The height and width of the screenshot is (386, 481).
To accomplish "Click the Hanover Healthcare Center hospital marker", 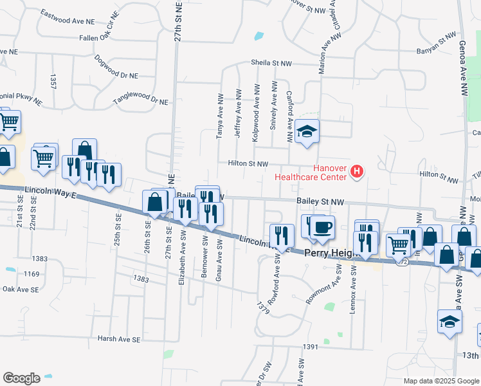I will tap(358, 171).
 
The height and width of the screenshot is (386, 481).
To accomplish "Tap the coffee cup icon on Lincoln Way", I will tap(323, 228).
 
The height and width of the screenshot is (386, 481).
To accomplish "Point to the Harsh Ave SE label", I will tap(118, 338).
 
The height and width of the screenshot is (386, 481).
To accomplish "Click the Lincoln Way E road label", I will tap(51, 192).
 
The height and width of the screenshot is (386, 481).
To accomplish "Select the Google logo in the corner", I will tap(21, 378).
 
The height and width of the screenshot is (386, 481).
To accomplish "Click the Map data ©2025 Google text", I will tap(440, 381).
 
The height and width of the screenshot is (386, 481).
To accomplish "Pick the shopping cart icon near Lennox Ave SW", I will tap(399, 245).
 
